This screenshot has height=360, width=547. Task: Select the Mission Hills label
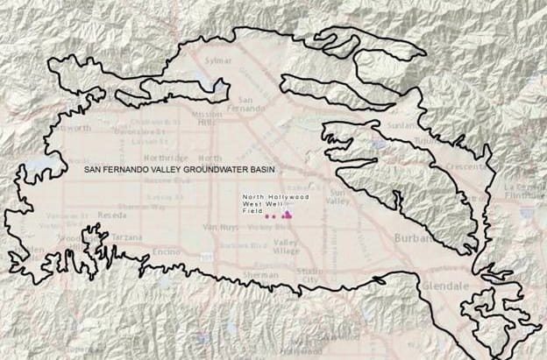[207, 118]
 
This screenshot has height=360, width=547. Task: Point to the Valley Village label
[286, 246]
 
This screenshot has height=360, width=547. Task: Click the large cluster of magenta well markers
[287, 214]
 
